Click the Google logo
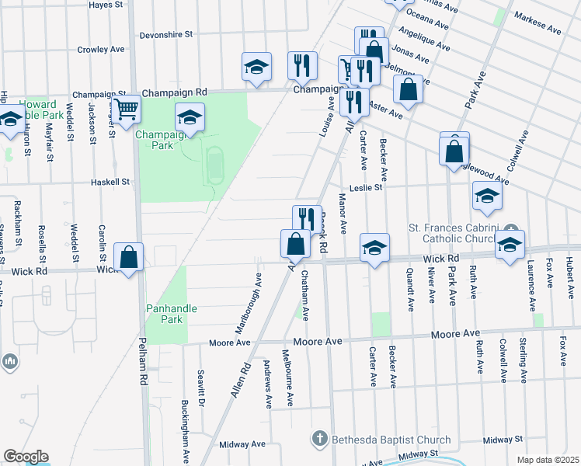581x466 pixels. tap(25, 457)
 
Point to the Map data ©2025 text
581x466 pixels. tap(548, 460)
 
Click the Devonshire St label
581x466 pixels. tap(166, 35)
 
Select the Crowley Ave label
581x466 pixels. tap(101, 50)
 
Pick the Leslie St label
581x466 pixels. tap(366, 187)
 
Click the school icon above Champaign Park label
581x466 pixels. tap(189, 116)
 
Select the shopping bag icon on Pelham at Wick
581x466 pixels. tap(129, 257)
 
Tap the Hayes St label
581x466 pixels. tap(108, 4)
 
